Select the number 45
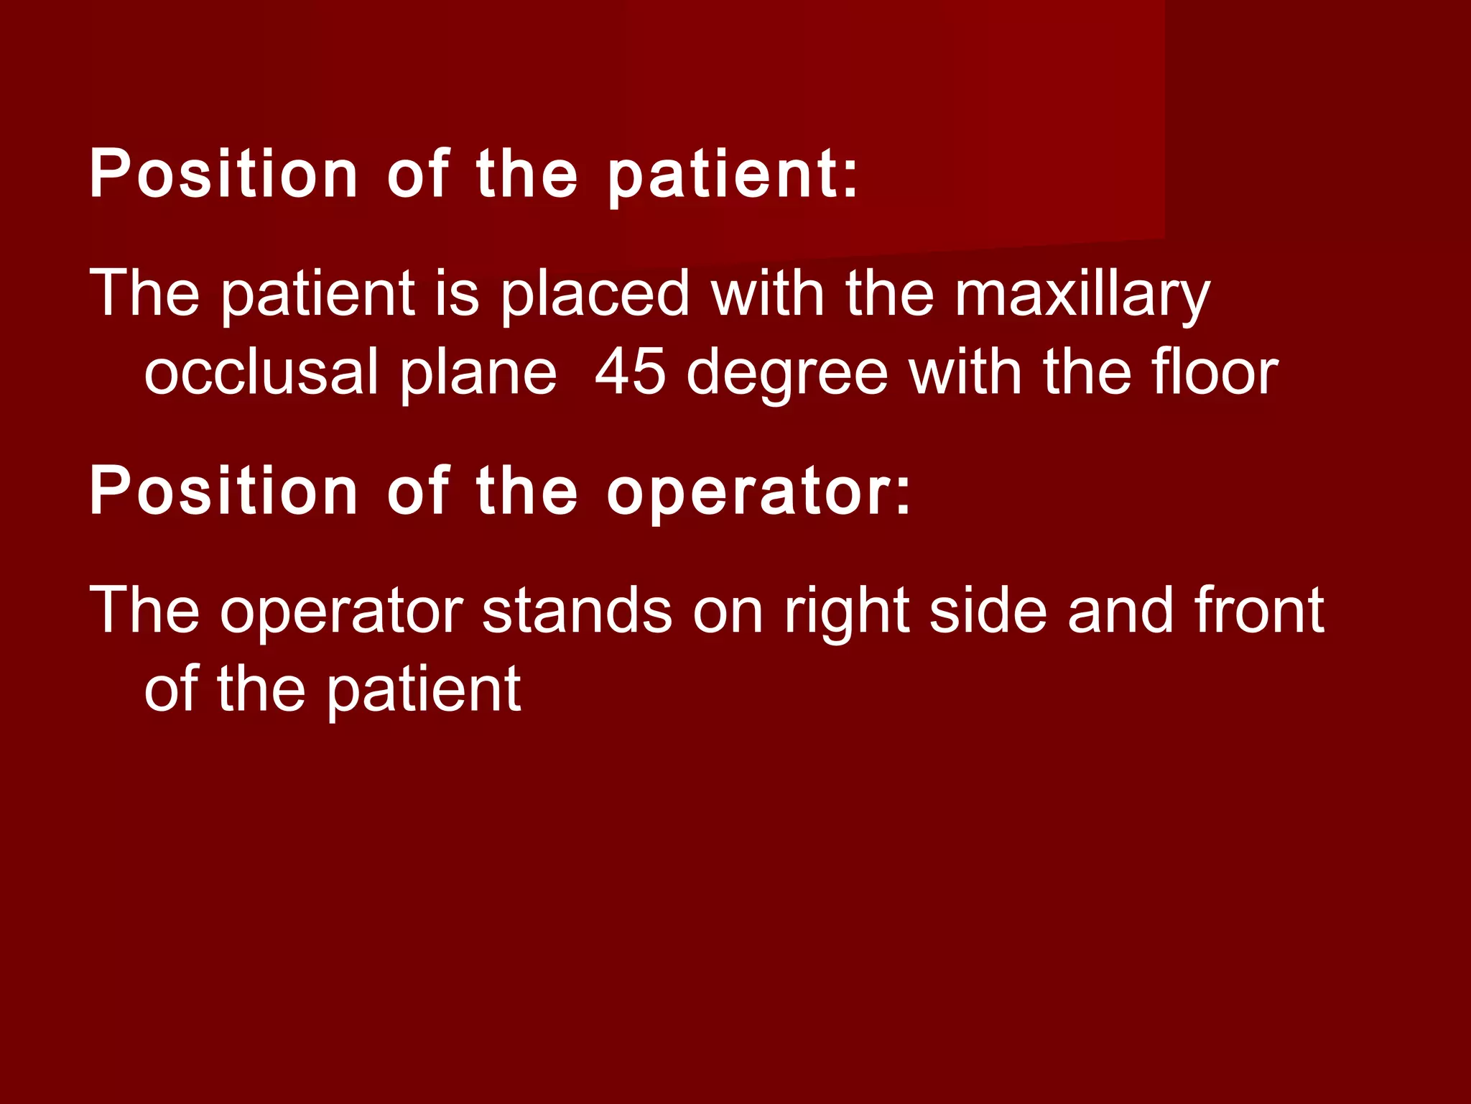[631, 372]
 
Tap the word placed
[595, 295]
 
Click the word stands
[577, 610]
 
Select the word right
[847, 612]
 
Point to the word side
[988, 610]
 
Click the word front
[1259, 610]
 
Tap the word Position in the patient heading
[223, 174]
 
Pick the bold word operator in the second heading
[750, 492]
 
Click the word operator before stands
[342, 612]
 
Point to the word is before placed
[457, 295]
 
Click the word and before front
[1121, 610]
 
